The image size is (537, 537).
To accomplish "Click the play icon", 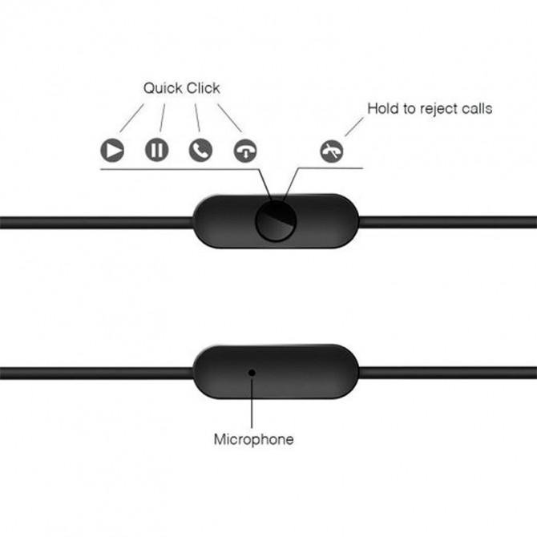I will tap(112, 150).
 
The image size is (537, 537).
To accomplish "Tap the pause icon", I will tap(156, 150).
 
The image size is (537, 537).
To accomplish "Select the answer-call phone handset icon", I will tap(200, 150).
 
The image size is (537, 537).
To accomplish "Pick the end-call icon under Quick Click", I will tap(245, 151).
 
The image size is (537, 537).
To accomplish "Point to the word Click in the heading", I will tap(204, 88).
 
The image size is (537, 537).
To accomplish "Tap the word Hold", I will tap(382, 108).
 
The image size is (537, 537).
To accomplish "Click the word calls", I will tap(477, 108).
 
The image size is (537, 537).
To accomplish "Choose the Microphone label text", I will tap(253, 439).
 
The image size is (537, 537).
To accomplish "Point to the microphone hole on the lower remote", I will tap(252, 372).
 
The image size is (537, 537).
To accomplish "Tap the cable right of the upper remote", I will tap(449, 222).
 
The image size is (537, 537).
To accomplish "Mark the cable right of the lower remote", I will tap(449, 372).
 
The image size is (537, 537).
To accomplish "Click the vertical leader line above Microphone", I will tap(252, 405).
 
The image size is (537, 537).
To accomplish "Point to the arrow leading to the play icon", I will tap(131, 118).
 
